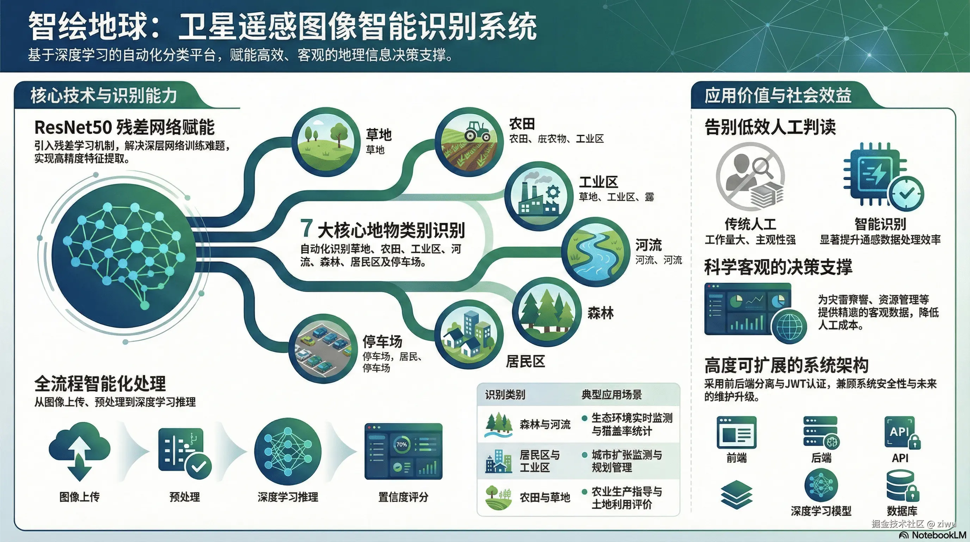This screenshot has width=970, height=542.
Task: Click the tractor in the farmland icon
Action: (477, 131)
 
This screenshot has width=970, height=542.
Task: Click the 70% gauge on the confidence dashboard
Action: (401, 445)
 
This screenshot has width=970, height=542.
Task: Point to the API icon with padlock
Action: (902, 432)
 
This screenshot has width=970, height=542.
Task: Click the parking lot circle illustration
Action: (323, 348)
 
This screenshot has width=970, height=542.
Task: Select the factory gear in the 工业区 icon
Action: (552, 192)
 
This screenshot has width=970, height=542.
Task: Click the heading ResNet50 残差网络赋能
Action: (124, 127)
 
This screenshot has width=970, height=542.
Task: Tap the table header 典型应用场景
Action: (611, 395)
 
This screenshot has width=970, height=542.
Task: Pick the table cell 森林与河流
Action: (545, 424)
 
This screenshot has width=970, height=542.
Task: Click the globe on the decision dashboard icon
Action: (789, 326)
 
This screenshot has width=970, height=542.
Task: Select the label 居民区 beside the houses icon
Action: (525, 361)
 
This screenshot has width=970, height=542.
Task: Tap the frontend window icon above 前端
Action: (737, 432)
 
